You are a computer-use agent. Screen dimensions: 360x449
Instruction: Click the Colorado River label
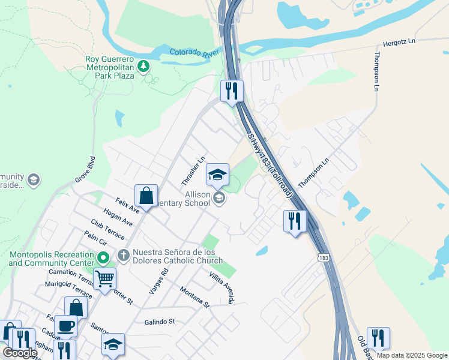tap(193, 53)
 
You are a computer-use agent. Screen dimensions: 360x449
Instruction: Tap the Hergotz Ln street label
tap(399, 43)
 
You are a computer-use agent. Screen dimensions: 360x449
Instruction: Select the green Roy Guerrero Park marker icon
tap(143, 67)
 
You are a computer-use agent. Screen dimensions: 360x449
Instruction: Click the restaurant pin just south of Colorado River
tap(231, 91)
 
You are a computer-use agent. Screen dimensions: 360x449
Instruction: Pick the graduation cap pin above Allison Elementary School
tap(217, 175)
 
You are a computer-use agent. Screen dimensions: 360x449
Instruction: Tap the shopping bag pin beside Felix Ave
tap(146, 196)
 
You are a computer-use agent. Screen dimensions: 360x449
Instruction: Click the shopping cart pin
tap(104, 279)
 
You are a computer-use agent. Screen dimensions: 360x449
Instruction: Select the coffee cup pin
tap(65, 326)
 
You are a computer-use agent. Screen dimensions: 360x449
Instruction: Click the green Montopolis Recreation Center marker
tap(103, 259)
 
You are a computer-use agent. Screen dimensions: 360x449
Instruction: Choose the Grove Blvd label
tap(86, 170)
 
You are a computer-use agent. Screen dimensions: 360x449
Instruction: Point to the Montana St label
tap(195, 296)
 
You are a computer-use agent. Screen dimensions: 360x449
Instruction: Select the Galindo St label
tap(159, 322)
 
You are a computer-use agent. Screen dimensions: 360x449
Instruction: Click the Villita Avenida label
tap(221, 287)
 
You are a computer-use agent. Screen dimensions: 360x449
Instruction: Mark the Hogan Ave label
tap(118, 217)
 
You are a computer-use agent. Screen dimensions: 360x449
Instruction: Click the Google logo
tap(20, 353)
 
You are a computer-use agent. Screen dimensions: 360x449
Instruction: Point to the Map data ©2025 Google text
tap(411, 355)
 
